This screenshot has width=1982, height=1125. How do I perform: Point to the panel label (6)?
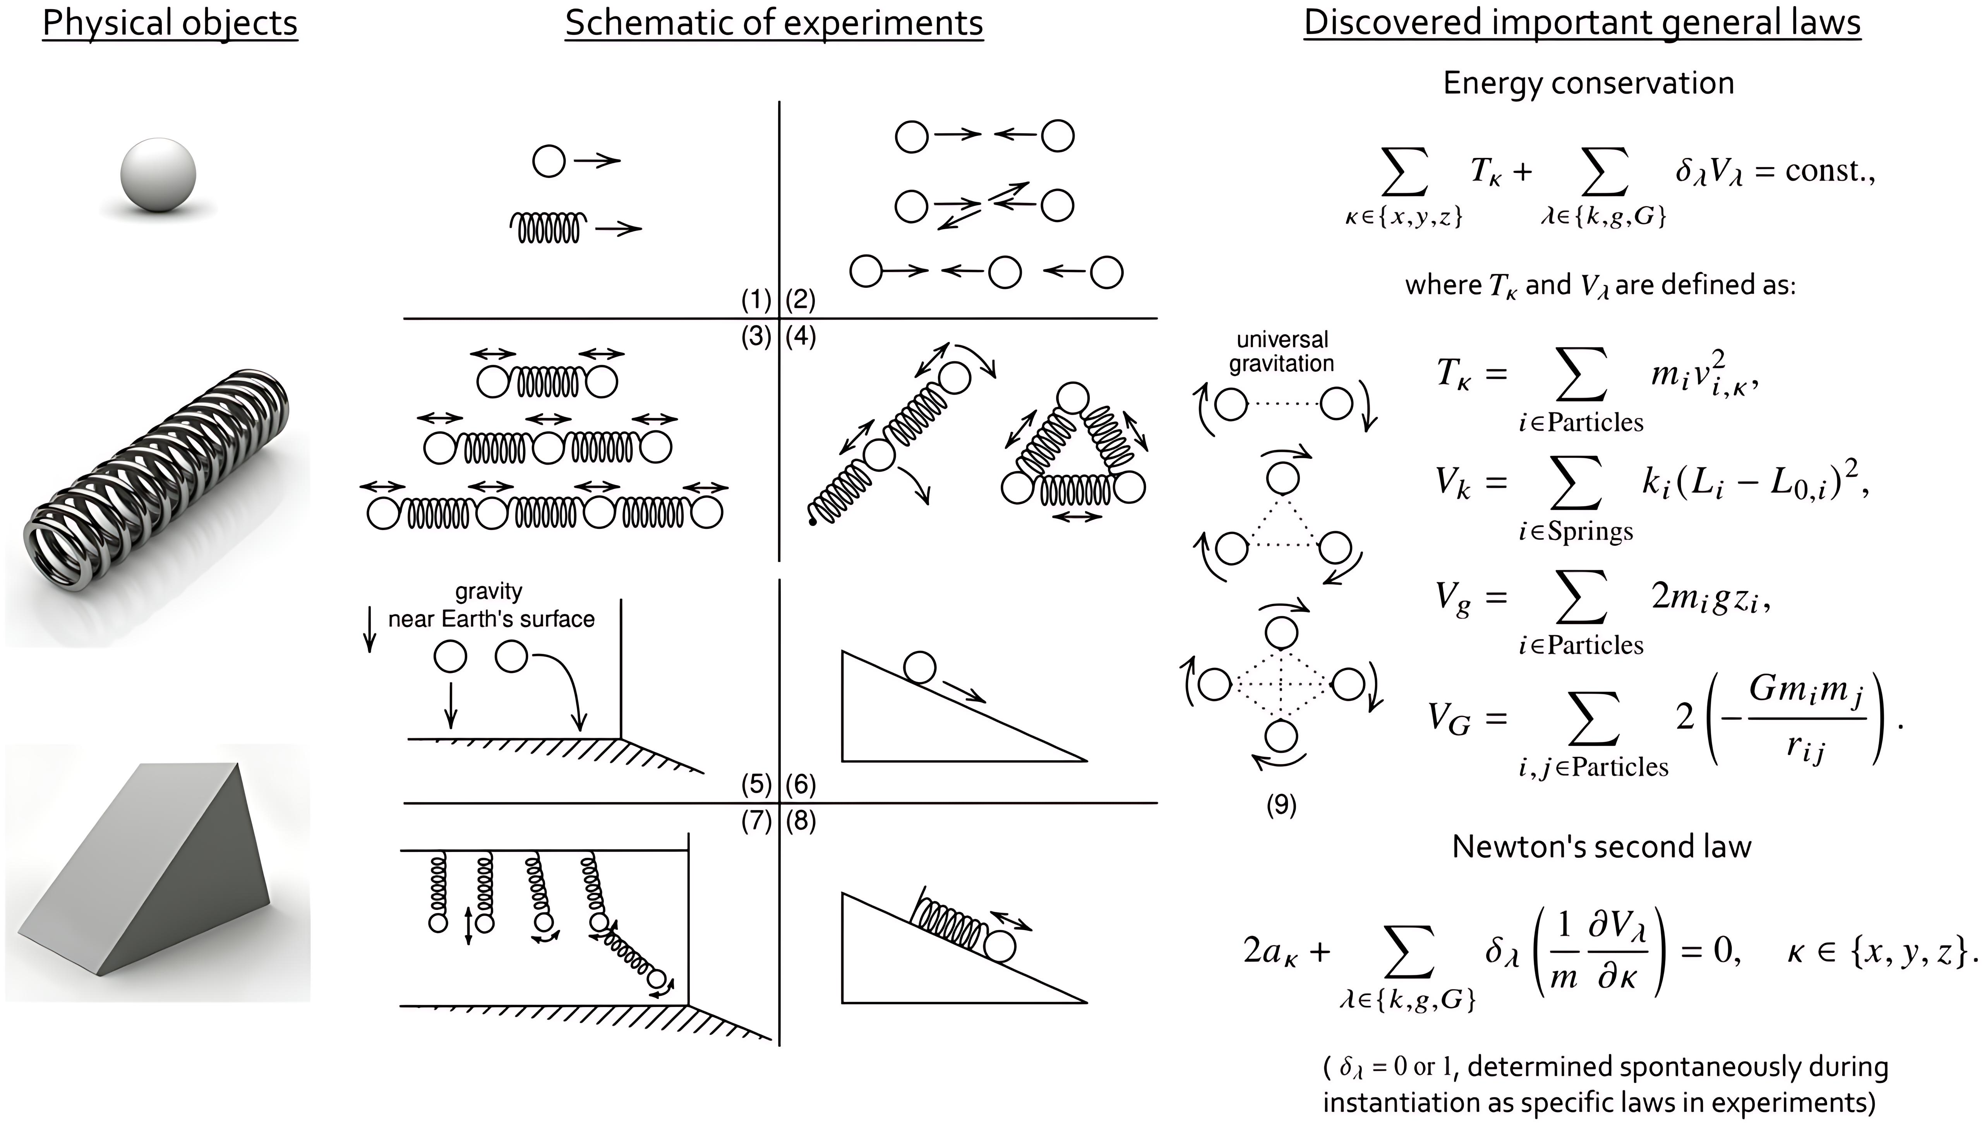point(801,785)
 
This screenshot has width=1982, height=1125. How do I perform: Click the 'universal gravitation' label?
point(1282,352)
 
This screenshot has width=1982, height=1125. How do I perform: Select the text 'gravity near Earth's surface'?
point(491,606)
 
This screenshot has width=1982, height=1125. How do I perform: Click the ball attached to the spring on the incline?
point(1000,947)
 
